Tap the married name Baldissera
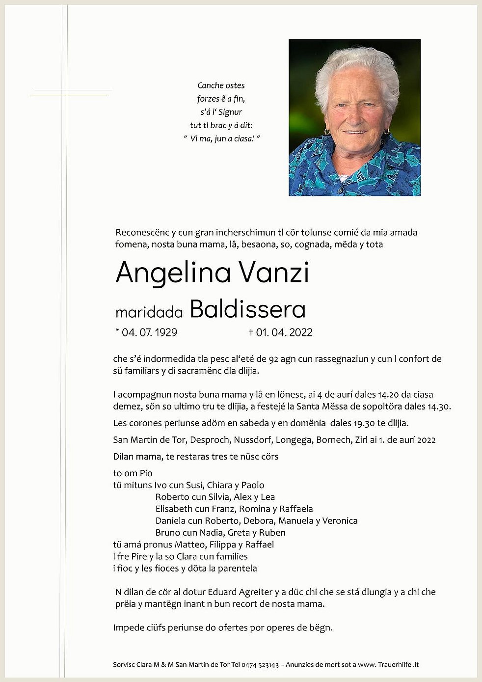click(247, 309)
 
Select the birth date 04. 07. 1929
click(149, 332)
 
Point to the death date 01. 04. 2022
click(284, 332)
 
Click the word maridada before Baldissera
click(149, 311)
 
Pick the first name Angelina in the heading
click(173, 273)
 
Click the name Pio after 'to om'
click(146, 473)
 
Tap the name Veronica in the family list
click(340, 520)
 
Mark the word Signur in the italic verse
click(230, 112)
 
